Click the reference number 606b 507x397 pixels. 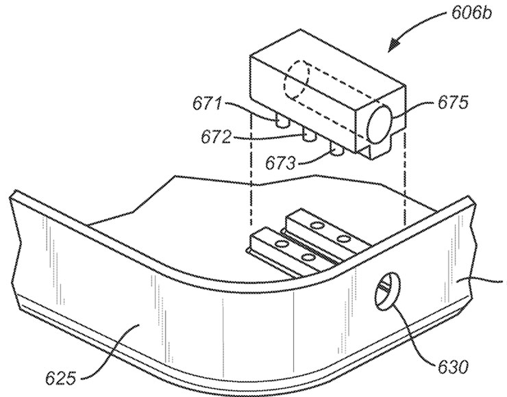pyautogui.click(x=471, y=13)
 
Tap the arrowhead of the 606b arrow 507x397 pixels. pyautogui.click(x=394, y=46)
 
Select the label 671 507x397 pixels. pyautogui.click(x=208, y=104)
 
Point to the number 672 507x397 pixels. pyautogui.click(x=216, y=137)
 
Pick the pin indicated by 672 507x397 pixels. pyautogui.click(x=309, y=135)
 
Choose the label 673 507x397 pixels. pyautogui.click(x=280, y=163)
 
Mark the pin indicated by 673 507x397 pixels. pyautogui.click(x=336, y=149)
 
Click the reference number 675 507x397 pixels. pyautogui.click(x=453, y=103)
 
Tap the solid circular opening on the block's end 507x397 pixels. pyautogui.click(x=380, y=124)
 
